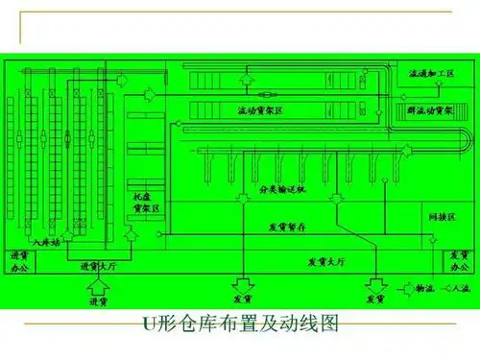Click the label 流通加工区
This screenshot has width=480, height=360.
click(x=431, y=73)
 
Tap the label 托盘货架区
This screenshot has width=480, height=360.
click(x=147, y=201)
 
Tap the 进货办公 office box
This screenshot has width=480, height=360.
click(x=20, y=260)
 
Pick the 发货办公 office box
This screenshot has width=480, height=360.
click(x=456, y=260)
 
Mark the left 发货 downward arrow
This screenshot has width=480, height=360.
click(x=242, y=284)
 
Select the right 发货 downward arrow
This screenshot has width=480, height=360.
click(x=372, y=284)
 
